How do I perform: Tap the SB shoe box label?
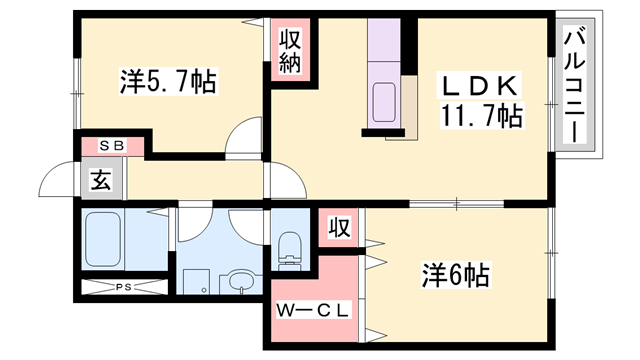tap(111, 146)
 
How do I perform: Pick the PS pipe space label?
tap(123, 288)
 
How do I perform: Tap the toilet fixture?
tap(290, 248)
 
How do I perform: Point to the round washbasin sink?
tap(239, 283)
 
